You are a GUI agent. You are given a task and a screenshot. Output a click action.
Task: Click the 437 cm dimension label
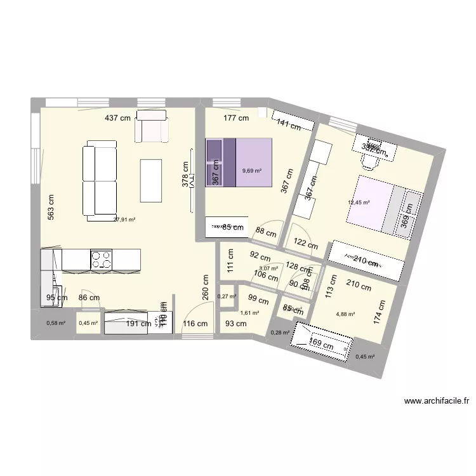click(x=118, y=118)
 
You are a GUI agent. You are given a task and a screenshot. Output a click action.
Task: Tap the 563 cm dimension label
click(x=51, y=207)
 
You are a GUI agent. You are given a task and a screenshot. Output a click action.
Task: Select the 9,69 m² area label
click(x=252, y=170)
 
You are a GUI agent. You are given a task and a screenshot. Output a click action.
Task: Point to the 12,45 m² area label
click(x=358, y=203)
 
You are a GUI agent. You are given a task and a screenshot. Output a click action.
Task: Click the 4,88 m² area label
click(x=345, y=314)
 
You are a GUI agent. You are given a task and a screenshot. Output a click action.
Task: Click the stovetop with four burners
click(x=102, y=260)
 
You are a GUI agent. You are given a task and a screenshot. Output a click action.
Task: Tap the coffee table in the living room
click(x=151, y=180)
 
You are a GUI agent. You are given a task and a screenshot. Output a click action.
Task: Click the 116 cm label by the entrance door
click(x=195, y=324)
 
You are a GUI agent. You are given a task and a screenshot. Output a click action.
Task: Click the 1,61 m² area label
click(x=249, y=313)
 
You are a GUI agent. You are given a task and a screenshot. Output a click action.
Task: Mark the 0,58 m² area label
click(x=56, y=323)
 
